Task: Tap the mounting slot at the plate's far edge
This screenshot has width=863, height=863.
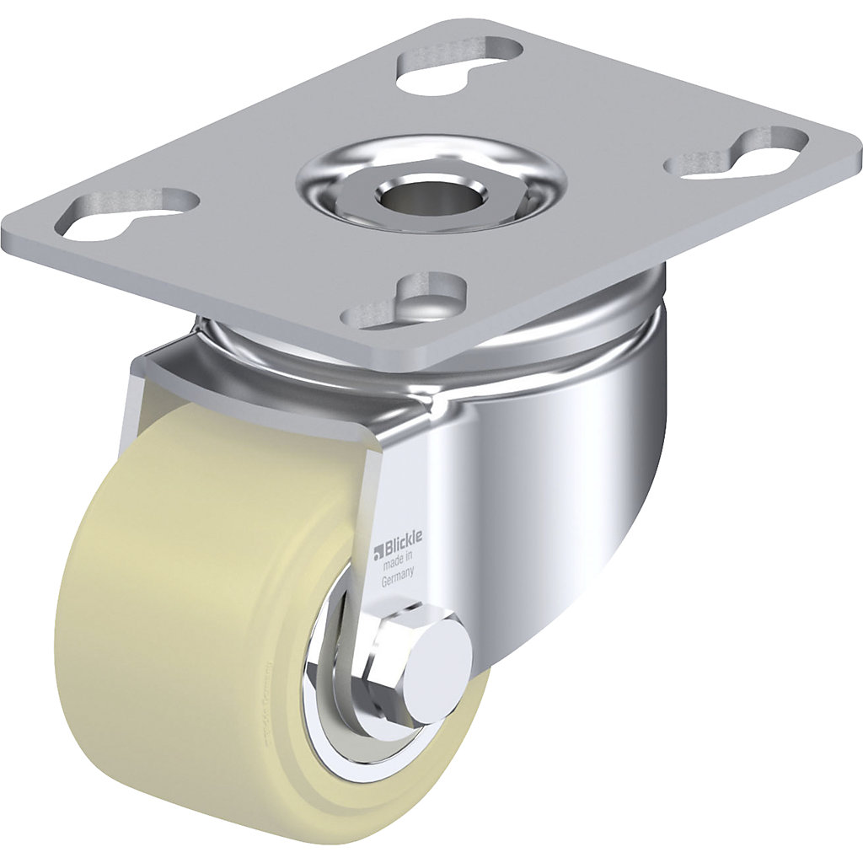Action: (459, 62)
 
